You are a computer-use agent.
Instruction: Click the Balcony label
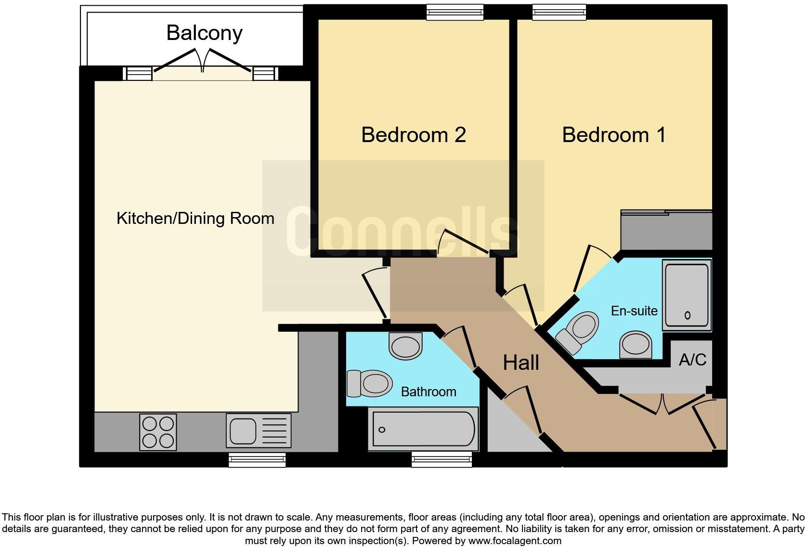(x=204, y=33)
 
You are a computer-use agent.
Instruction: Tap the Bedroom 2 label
(x=413, y=135)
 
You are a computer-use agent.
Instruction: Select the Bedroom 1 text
(x=614, y=135)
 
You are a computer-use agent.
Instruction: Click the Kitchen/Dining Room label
(x=195, y=219)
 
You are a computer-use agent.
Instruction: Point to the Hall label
(x=520, y=363)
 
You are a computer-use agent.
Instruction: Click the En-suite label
(x=634, y=311)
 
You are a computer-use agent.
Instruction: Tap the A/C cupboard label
(x=692, y=360)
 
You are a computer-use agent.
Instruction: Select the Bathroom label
(x=428, y=392)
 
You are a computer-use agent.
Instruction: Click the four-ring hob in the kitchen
(x=158, y=432)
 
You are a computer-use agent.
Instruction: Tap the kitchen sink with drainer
(x=259, y=430)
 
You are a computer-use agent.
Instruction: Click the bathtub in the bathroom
(x=423, y=429)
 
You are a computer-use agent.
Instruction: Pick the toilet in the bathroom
(x=369, y=383)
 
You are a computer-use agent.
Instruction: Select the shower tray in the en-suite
(x=687, y=295)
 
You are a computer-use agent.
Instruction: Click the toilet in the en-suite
(x=578, y=332)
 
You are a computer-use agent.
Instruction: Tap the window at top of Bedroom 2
(x=454, y=13)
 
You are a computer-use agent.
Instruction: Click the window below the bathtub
(x=441, y=460)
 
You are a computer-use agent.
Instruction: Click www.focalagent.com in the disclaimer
(x=515, y=541)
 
